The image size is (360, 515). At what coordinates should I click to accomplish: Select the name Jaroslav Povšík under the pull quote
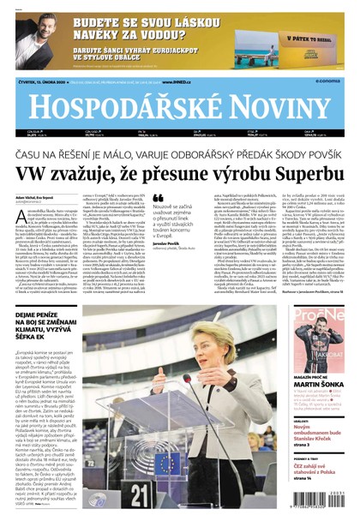167,255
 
